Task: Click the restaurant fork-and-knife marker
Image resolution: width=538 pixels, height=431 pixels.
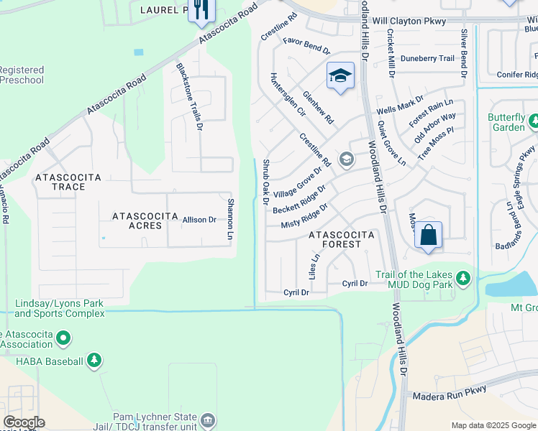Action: (199, 10)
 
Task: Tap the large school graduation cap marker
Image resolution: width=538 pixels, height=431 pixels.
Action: (341, 75)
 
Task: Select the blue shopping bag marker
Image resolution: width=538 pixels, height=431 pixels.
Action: (428, 235)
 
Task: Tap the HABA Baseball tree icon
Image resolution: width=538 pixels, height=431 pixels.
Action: (94, 360)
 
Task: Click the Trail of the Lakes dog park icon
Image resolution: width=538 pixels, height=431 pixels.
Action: (464, 277)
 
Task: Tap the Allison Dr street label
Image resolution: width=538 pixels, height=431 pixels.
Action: (199, 220)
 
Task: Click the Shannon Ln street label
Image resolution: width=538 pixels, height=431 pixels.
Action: (231, 218)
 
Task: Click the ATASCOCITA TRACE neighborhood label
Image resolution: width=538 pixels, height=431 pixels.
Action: (68, 182)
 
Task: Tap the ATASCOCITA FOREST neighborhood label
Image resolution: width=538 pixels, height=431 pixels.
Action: (342, 239)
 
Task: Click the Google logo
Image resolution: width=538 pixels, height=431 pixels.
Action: (23, 422)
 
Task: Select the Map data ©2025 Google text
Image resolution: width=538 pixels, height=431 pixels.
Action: (493, 425)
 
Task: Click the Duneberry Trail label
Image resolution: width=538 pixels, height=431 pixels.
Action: (427, 58)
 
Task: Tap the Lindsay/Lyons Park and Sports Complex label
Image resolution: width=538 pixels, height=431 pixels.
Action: (60, 308)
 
